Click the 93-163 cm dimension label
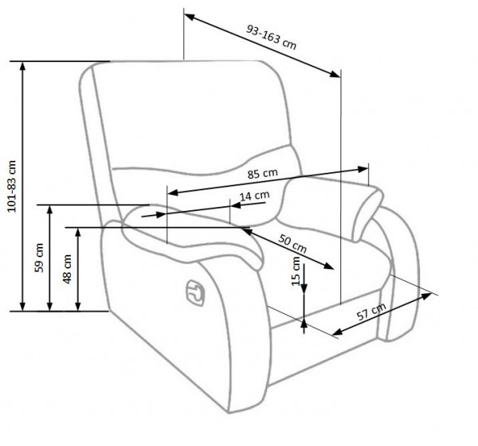(271, 37)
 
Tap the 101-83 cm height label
(12, 186)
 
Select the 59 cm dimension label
(39, 257)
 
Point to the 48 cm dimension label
(67, 269)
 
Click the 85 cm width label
(262, 174)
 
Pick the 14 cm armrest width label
(255, 195)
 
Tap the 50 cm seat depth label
(292, 244)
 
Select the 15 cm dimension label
(296, 272)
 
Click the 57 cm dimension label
(371, 311)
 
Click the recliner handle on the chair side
(195, 292)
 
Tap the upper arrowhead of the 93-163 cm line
(190, 17)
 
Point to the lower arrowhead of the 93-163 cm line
(335, 74)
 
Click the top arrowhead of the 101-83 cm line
(22, 65)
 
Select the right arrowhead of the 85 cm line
(362, 169)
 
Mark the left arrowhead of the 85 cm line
(173, 193)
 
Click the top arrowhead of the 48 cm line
(78, 233)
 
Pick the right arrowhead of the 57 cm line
(426, 295)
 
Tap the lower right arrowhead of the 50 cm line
(328, 265)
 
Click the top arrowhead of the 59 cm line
(50, 209)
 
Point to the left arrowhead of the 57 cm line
(338, 331)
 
